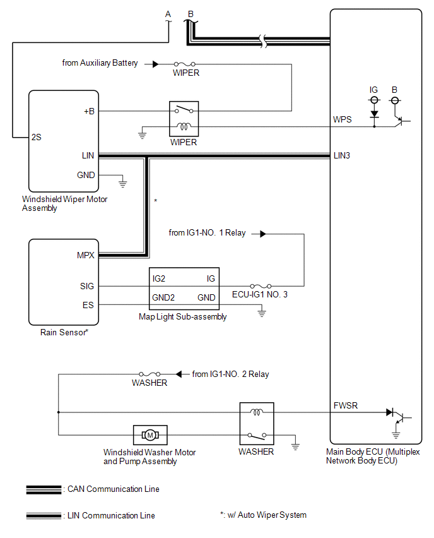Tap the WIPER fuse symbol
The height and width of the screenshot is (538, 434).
pyautogui.click(x=185, y=64)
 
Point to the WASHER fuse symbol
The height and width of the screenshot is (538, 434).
pyautogui.click(x=149, y=374)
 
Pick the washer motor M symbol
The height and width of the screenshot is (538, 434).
pyautogui.click(x=150, y=434)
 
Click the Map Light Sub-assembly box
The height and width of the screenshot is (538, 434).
pyautogui.click(x=183, y=288)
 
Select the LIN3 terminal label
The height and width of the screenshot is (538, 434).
pyautogui.click(x=343, y=155)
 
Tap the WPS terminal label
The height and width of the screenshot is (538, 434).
pyautogui.click(x=343, y=119)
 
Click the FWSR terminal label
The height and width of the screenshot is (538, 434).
pyautogui.click(x=344, y=405)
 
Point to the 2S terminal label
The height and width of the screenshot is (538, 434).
pyautogui.click(x=37, y=136)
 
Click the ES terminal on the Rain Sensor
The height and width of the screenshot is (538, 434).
pyautogui.click(x=88, y=305)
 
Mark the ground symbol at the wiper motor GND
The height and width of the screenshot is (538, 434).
pyautogui.click(x=123, y=183)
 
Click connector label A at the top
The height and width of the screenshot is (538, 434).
pyautogui.click(x=168, y=14)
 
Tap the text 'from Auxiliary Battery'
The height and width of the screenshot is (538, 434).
pyautogui.click(x=100, y=63)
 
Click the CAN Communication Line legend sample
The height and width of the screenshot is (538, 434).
pyautogui.click(x=44, y=489)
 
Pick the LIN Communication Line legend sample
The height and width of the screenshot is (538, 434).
pyautogui.click(x=44, y=516)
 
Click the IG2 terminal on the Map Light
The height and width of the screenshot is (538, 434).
pyautogui.click(x=159, y=278)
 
